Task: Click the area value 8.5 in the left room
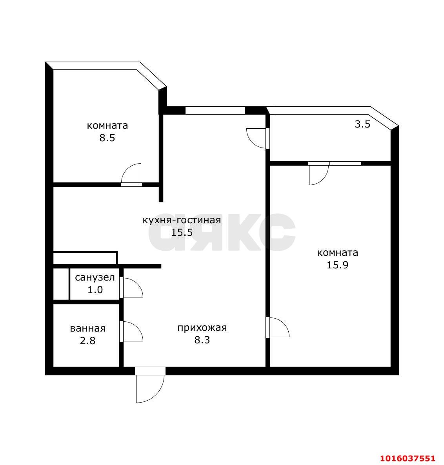pyautogui.click(x=107, y=138)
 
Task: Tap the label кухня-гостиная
pyautogui.click(x=182, y=220)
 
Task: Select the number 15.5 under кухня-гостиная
pyautogui.click(x=182, y=232)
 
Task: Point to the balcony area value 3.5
pyautogui.click(x=362, y=124)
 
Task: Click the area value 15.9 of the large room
pyautogui.click(x=337, y=265)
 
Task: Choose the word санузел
pyautogui.click(x=95, y=277)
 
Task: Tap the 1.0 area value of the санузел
pyautogui.click(x=95, y=290)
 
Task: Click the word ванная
pyautogui.click(x=88, y=328)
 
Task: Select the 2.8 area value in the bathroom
pyautogui.click(x=88, y=341)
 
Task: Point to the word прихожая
pyautogui.click(x=202, y=328)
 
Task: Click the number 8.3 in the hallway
pyautogui.click(x=202, y=340)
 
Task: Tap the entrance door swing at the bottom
pyautogui.click(x=150, y=388)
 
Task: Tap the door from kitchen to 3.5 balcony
pyautogui.click(x=256, y=138)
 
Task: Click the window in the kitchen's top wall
pyautogui.click(x=215, y=110)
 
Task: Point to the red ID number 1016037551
pyautogui.click(x=408, y=458)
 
